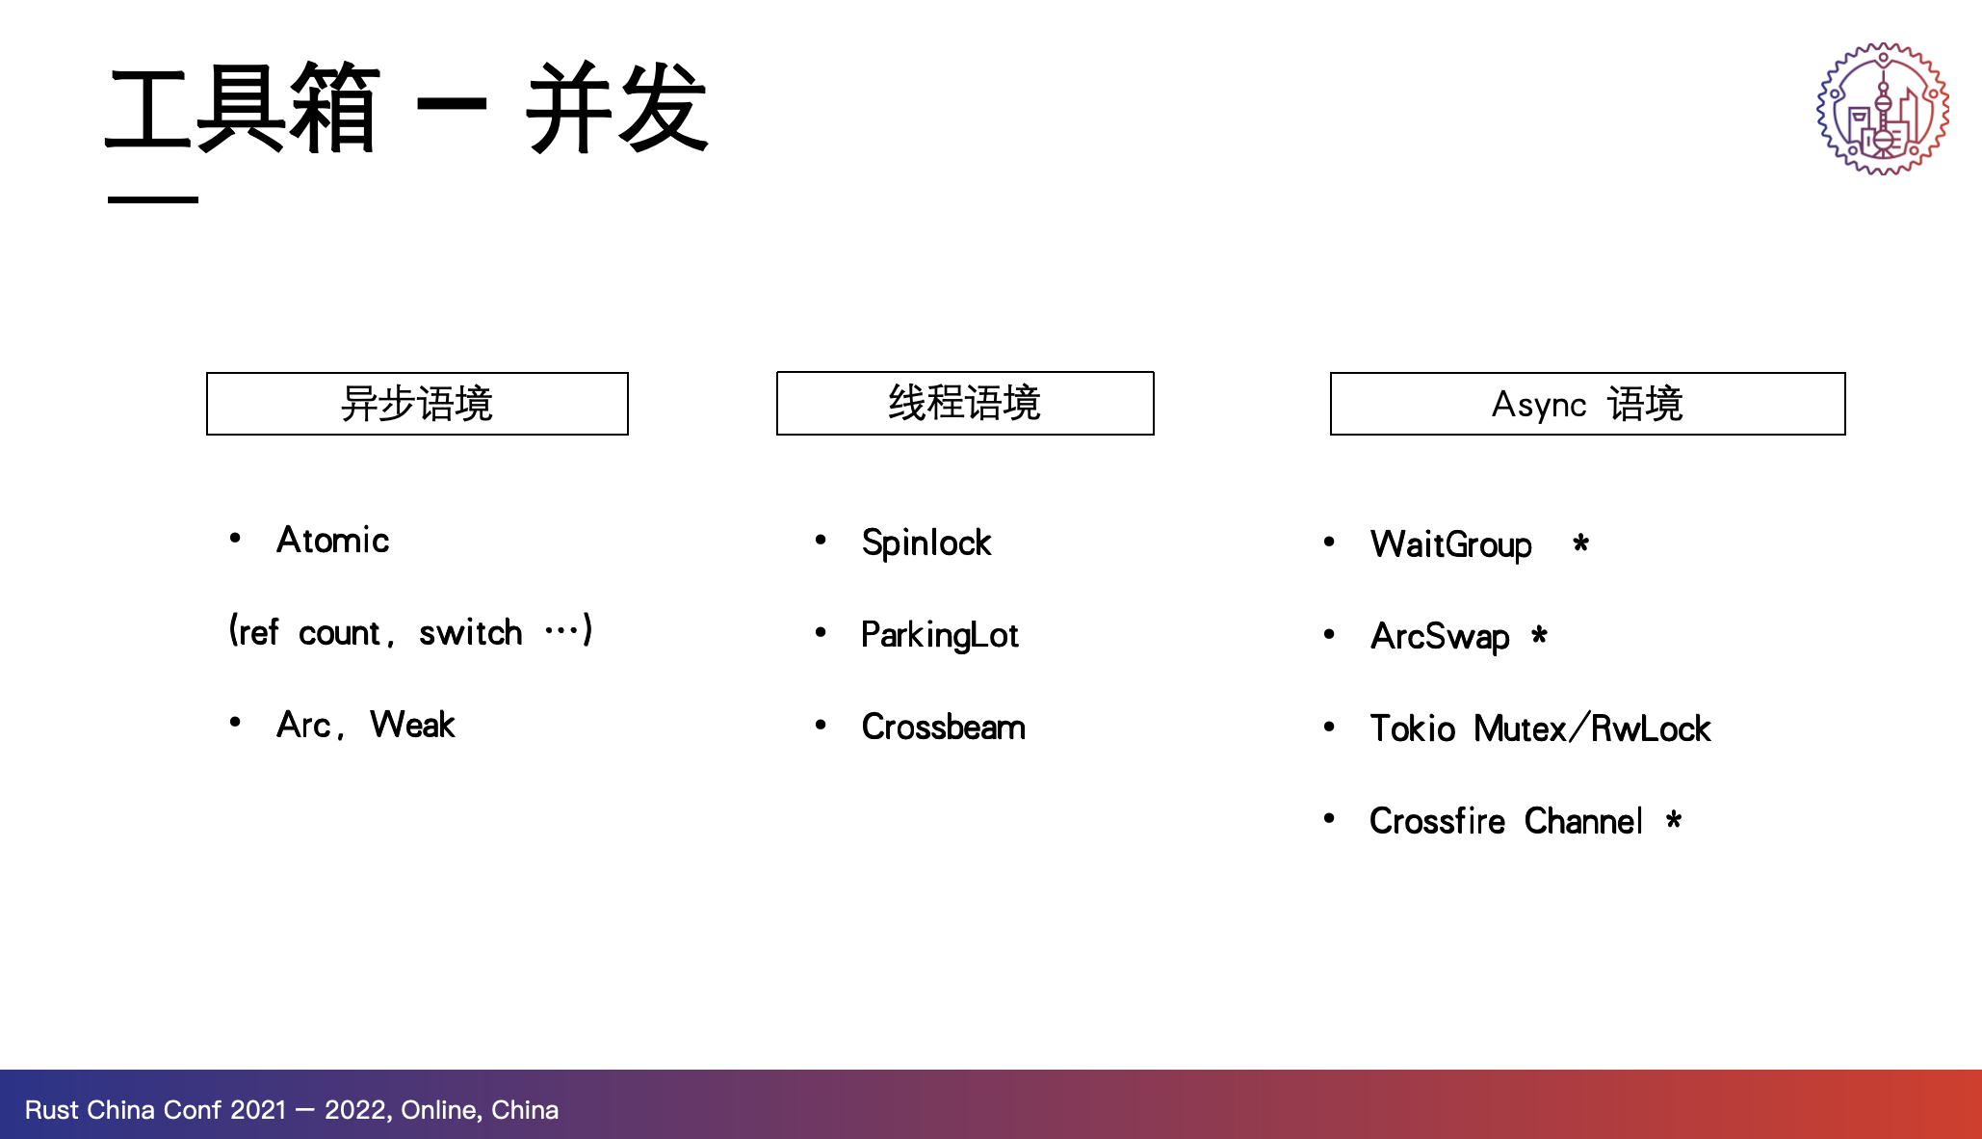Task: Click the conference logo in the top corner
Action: tap(1883, 109)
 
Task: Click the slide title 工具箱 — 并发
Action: tap(406, 107)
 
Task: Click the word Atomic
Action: tap(333, 540)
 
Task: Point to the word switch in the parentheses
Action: tap(471, 632)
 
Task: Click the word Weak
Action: tap(413, 725)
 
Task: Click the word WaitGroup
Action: tap(1451, 545)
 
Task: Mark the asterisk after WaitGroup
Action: tap(1580, 543)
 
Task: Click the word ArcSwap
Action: tap(1441, 637)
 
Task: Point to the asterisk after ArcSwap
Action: tap(1539, 635)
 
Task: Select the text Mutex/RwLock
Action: tap(1593, 728)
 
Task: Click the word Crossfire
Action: tap(1438, 821)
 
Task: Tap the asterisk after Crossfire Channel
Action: tap(1674, 820)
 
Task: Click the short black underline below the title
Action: tap(153, 199)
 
